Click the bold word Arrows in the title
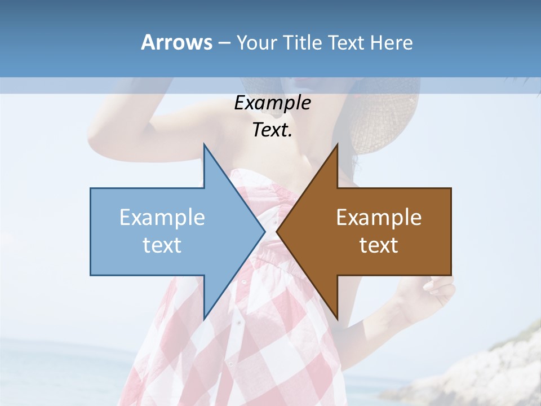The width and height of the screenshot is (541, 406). coord(176,42)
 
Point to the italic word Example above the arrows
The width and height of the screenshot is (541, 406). coord(272,103)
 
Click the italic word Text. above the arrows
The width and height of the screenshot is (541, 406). coord(272,130)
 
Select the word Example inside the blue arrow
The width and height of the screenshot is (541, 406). coord(162,217)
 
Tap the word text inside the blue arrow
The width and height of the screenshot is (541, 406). coord(162,245)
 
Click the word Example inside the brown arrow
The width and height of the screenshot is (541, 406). coord(379,217)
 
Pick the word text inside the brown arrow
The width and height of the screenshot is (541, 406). coord(379,245)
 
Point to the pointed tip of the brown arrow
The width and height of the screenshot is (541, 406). coord(277,231)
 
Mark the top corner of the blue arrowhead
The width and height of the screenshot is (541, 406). coord(204,145)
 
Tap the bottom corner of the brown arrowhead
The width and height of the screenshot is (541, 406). coord(337,318)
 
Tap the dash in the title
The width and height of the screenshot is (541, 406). coord(224,43)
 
